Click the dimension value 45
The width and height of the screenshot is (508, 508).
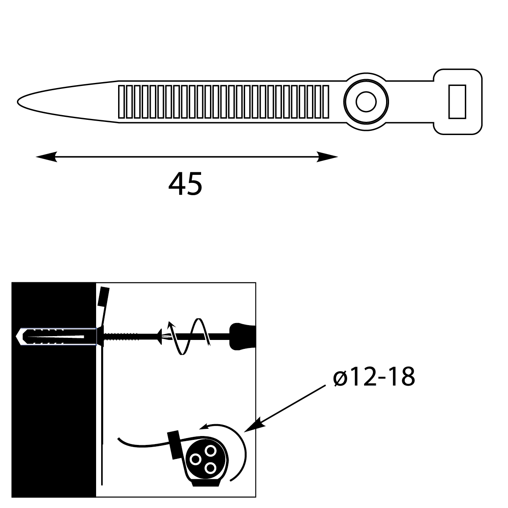tap(185, 184)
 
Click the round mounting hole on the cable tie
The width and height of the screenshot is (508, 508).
tap(366, 102)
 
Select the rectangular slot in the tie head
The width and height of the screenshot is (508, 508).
tap(457, 101)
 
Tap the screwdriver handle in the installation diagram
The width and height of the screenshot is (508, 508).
tap(242, 337)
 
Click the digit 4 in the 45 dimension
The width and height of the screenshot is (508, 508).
tap(177, 184)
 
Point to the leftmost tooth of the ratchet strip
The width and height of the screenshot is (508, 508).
tap(121, 102)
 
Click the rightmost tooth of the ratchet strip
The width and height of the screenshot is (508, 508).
tap(326, 102)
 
